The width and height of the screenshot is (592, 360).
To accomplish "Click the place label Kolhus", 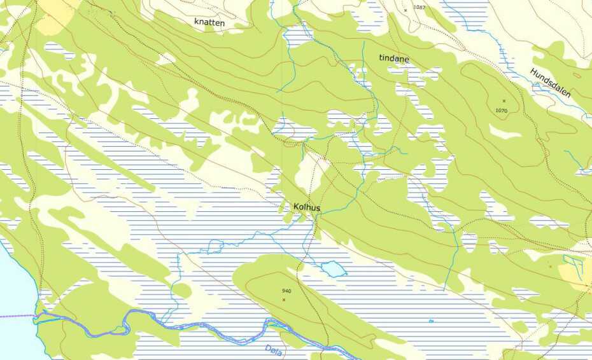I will point(307,207).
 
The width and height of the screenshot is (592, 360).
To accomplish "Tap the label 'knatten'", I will point(209,21).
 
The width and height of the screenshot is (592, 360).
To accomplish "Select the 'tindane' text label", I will point(394,59).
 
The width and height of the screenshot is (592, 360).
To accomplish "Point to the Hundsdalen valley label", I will point(551,83).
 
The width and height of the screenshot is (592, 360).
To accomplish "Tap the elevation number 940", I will point(286,291).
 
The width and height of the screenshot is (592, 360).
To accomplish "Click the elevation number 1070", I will point(502,110).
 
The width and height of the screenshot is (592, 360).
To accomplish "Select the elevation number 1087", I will point(418,7).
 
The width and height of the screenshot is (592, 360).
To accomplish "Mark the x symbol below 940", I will point(284,299).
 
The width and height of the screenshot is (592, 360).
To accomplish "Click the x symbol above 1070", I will point(504,100).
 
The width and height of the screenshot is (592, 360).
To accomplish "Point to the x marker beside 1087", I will point(405,10).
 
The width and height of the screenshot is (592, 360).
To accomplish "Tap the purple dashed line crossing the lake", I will point(16,315).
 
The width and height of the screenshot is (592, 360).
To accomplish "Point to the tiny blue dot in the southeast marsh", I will point(431,321).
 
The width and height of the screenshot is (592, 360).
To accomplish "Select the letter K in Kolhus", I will point(297,207).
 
